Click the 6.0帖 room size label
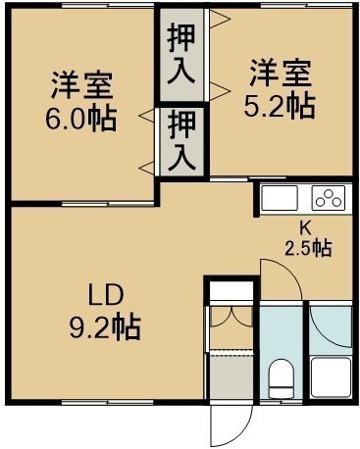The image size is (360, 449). click(x=80, y=119)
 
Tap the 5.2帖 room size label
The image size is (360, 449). click(x=280, y=106)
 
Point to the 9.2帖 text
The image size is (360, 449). click(x=105, y=327)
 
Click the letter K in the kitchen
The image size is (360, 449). click(x=307, y=228)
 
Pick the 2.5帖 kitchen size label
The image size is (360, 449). click(x=308, y=248)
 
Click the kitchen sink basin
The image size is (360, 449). click(x=281, y=198)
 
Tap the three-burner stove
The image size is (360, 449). click(x=329, y=198)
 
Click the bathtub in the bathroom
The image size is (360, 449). click(x=331, y=377)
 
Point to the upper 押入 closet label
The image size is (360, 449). click(x=181, y=54)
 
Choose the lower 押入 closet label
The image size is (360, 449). click(x=181, y=140)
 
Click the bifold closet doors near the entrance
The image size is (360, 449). click(x=231, y=317)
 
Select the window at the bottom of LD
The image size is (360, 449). click(x=108, y=402)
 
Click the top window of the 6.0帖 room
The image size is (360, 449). click(x=108, y=5)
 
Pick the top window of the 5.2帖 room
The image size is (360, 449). click(x=307, y=5)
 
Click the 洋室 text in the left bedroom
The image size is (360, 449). click(x=81, y=85)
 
